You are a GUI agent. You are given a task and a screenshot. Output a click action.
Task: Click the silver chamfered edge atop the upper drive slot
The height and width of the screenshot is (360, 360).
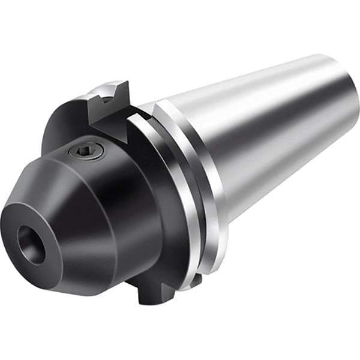(x=102, y=90)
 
